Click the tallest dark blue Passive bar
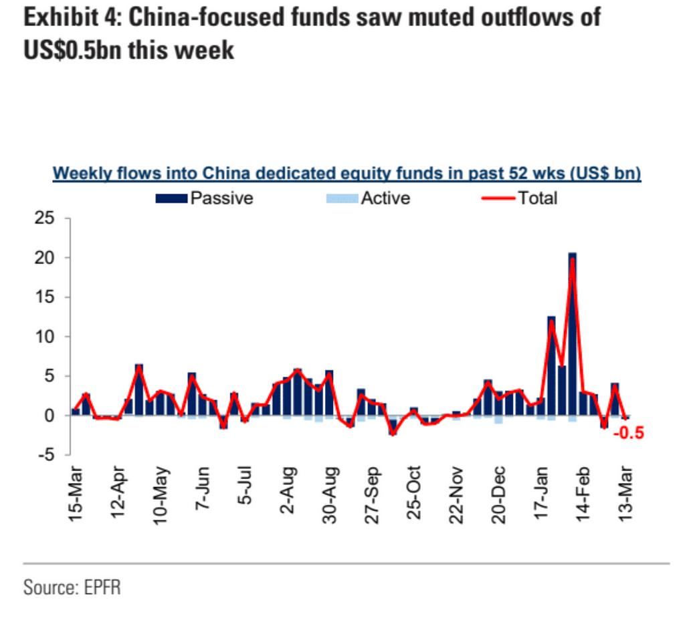572,334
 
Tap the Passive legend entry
204,198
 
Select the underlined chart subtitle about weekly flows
347,173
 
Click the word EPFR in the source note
102,588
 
